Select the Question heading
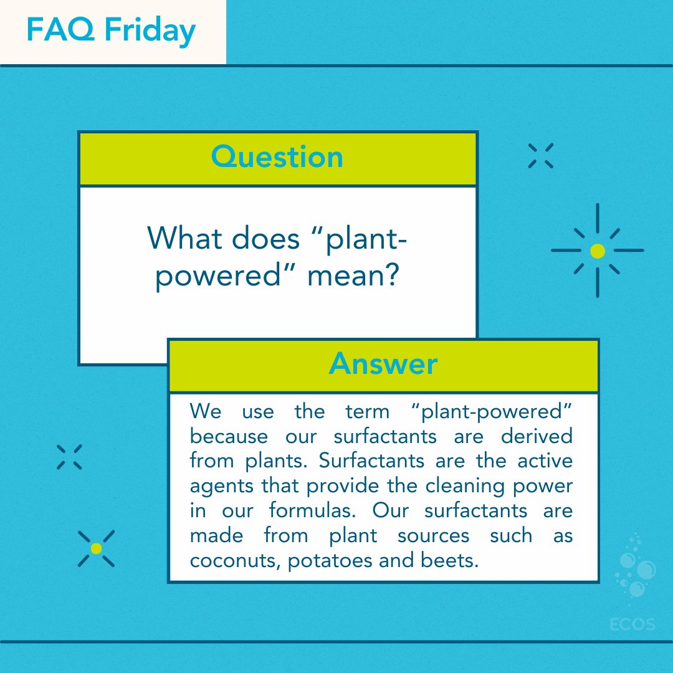coord(277,157)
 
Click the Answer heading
coord(383,364)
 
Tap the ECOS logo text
coord(633,623)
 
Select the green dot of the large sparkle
coord(597,251)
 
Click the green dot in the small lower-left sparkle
coord(96,548)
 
